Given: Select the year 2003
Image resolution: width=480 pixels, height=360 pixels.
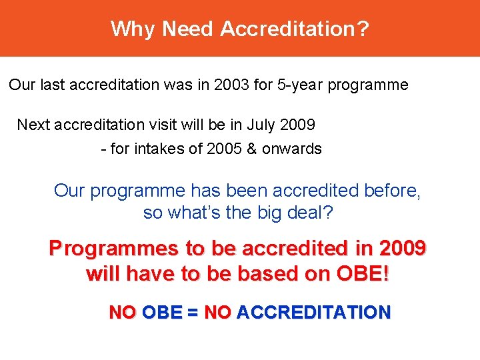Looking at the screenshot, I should (233, 85).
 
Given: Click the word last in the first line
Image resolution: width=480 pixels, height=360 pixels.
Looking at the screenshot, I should (53, 85).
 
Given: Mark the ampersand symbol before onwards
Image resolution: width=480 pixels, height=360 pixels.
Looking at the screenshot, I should (251, 149).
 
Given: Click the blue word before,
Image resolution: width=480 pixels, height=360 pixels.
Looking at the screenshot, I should (393, 191).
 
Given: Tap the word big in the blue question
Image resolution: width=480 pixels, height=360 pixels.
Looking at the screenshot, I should (273, 214).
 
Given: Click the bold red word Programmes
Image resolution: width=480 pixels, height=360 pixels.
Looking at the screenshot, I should (114, 249).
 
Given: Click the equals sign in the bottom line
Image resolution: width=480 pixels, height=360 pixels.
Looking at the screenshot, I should (193, 312).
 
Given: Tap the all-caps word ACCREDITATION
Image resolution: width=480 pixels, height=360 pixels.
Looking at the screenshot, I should (313, 312).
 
